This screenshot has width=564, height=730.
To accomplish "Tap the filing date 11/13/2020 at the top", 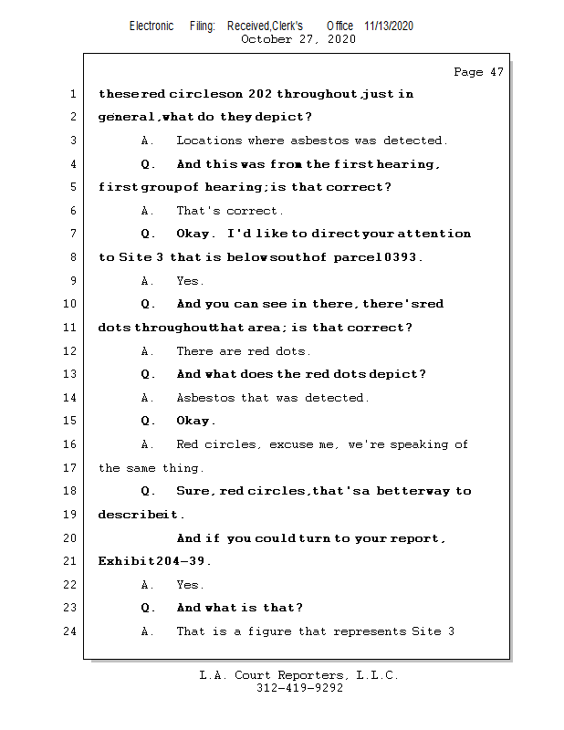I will point(388,26).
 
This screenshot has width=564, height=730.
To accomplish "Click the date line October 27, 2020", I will point(298,39).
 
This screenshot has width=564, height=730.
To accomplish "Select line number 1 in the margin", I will point(73,94).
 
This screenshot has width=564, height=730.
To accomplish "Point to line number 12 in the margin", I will point(70,351).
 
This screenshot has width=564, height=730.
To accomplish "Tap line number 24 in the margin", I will point(70,631).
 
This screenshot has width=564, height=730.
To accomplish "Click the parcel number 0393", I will point(400,257).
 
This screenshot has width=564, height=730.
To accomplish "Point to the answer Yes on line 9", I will point(190,281).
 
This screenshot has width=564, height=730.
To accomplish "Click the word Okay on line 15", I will point(195,421).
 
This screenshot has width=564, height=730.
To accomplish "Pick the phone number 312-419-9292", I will point(299,689).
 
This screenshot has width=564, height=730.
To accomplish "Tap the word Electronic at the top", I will point(151,26).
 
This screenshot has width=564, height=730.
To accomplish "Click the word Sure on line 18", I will point(193,491).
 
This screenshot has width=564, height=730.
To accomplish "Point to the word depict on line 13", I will point(401,374).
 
